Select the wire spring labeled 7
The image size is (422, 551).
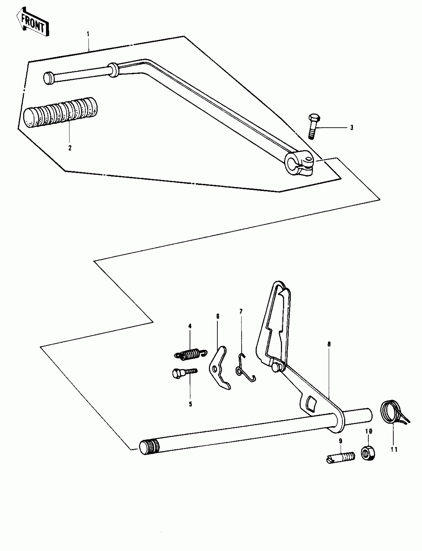click(x=245, y=369)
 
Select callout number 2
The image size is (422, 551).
click(x=70, y=148)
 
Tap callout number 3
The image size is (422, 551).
click(x=352, y=128)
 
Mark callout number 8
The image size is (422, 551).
click(x=329, y=344)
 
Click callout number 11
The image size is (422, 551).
click(x=394, y=449)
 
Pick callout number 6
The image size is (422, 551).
click(x=217, y=316)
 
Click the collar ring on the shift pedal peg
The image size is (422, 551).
click(x=114, y=70)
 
